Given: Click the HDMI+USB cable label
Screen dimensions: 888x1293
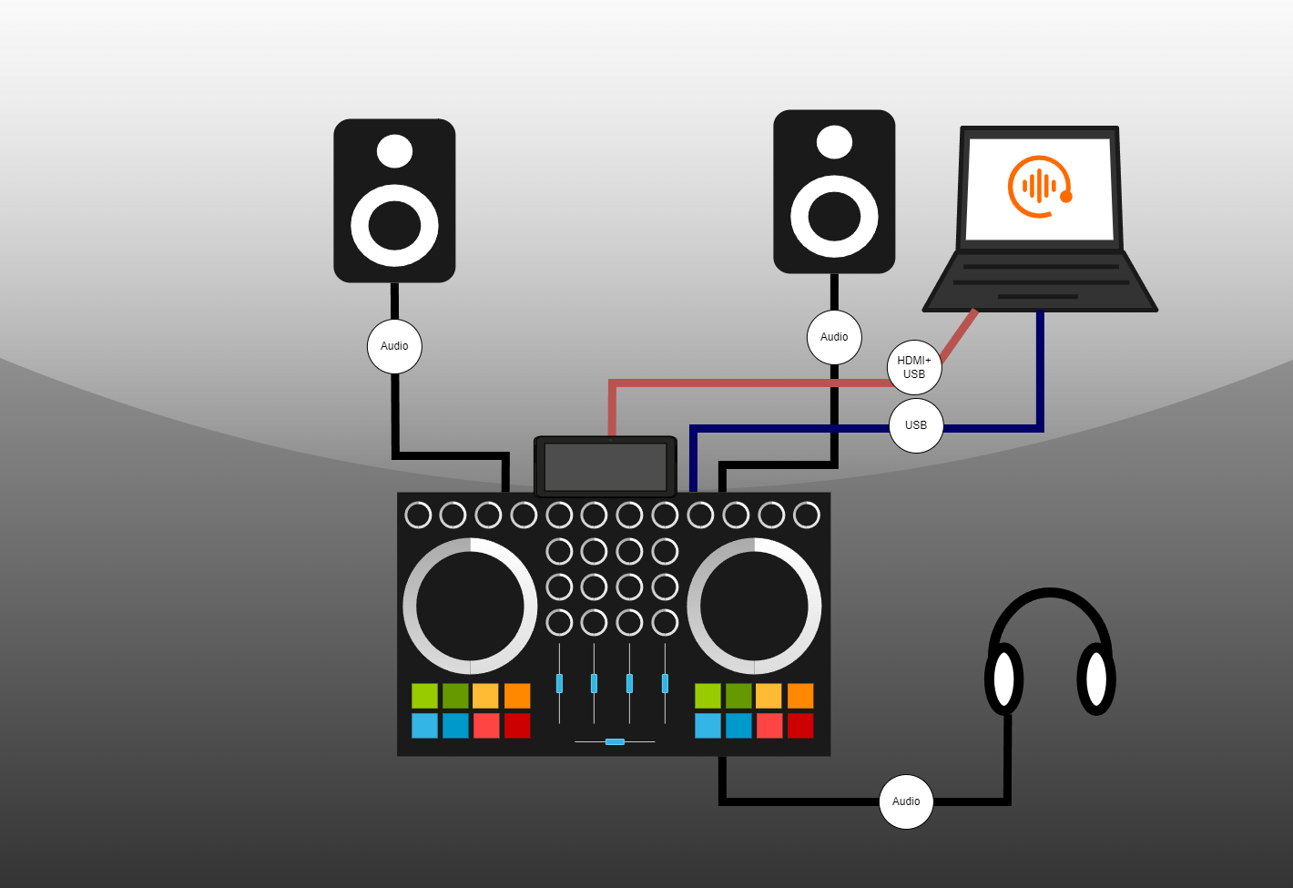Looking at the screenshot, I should click(914, 367).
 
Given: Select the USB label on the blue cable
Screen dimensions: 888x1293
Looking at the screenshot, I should click(916, 425).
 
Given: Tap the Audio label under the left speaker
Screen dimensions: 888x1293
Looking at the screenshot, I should click(394, 346).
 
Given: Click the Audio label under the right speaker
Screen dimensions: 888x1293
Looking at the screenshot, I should click(834, 337).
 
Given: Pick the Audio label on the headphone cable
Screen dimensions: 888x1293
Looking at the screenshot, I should click(906, 801).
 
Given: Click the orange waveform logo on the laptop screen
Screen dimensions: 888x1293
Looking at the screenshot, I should click(1039, 187).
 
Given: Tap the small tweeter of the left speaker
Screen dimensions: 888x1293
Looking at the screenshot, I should click(394, 151).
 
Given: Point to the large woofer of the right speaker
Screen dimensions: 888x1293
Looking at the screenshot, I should click(834, 217).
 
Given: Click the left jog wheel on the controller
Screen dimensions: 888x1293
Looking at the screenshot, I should click(470, 606).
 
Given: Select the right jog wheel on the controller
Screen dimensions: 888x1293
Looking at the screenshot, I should click(754, 606).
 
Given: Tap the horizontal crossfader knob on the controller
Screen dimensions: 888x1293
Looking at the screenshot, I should click(615, 741).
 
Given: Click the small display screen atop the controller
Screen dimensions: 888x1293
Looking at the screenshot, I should click(606, 466).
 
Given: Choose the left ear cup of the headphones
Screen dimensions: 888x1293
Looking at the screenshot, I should click(1004, 679).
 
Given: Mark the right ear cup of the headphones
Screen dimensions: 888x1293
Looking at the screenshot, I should click(1096, 679).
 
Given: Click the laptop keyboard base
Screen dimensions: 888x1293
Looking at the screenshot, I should click(1040, 281).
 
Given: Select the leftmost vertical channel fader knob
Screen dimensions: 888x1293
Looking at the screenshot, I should click(559, 683).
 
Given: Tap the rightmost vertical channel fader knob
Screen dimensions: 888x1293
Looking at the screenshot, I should click(665, 683).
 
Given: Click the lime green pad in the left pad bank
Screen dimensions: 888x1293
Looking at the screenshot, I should click(424, 696).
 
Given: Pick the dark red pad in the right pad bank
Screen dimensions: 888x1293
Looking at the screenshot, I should click(800, 726).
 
